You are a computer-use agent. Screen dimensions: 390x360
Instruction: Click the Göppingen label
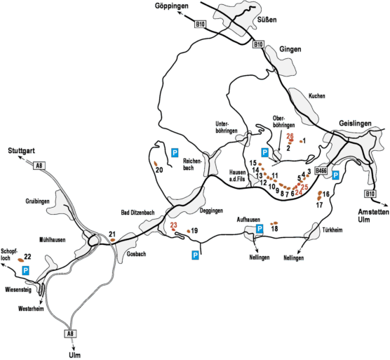[171, 6]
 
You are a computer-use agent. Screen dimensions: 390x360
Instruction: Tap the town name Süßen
[267, 20]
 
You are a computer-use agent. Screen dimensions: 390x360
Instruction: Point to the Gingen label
[290, 49]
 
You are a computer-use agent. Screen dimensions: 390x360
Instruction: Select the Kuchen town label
[316, 95]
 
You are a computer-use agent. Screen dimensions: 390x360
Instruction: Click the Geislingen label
[355, 123]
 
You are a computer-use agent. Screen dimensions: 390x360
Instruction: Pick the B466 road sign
[321, 171]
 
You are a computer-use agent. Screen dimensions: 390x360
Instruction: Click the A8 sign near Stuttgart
[39, 166]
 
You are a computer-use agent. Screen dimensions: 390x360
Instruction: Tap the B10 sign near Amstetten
[370, 194]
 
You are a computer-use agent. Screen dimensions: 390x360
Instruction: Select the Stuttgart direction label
[21, 150]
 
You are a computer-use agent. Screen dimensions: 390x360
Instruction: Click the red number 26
[290, 136]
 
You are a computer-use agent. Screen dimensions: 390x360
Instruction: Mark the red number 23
[173, 225]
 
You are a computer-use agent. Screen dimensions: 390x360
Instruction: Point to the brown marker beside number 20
[156, 164]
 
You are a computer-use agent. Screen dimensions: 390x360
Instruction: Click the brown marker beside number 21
[113, 240]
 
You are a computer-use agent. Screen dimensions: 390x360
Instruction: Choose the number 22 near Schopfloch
[27, 257]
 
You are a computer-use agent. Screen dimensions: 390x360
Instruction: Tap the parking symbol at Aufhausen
[260, 229]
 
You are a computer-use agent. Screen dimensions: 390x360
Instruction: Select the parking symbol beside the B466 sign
[335, 175]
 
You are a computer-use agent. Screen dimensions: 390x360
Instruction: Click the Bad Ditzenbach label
[137, 213]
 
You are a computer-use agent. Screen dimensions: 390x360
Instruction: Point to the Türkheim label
[332, 230]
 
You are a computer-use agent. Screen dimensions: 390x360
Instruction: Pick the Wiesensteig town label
[18, 290]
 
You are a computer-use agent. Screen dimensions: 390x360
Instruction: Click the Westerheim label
[31, 309]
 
